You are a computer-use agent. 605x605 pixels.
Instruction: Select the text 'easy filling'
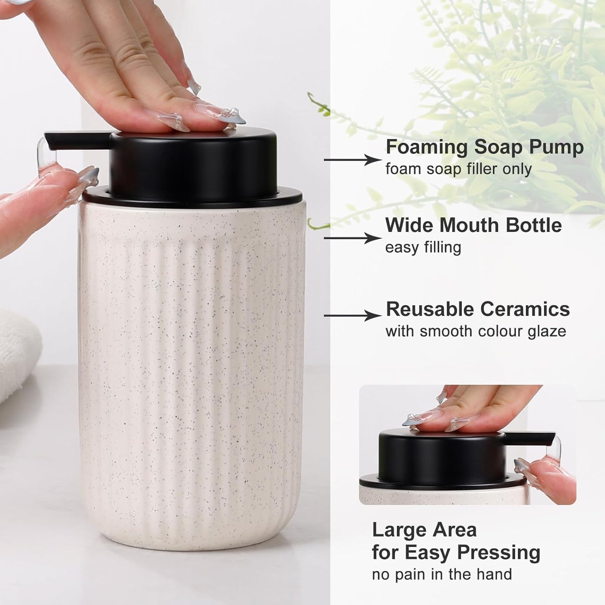point(423,247)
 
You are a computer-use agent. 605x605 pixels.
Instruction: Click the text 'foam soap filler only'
point(458,169)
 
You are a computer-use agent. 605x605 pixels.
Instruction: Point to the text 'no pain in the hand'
point(442,574)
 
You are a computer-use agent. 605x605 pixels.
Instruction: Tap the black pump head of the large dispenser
point(193,163)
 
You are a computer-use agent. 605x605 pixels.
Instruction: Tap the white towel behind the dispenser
point(17,352)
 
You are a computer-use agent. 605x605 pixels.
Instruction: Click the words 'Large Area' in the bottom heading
point(424,530)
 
